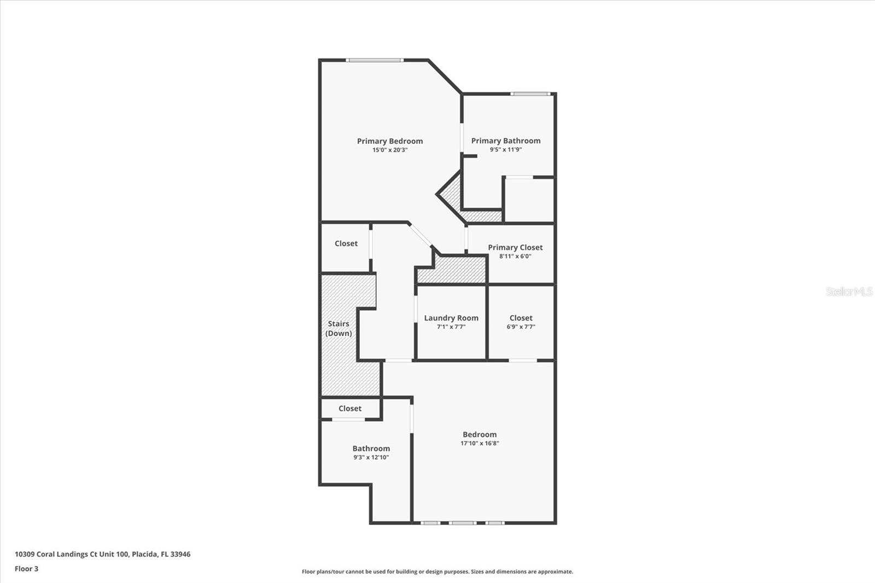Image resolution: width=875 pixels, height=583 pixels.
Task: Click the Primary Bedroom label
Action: pyautogui.click(x=390, y=141)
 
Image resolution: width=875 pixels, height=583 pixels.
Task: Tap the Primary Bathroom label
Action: pyautogui.click(x=506, y=141)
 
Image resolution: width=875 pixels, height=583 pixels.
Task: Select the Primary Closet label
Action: pyautogui.click(x=515, y=247)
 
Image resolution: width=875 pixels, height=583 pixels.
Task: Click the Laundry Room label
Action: pyautogui.click(x=451, y=318)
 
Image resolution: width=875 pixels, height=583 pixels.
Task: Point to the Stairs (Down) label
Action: pyautogui.click(x=339, y=328)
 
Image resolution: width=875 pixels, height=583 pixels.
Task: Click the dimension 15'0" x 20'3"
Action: pyautogui.click(x=390, y=150)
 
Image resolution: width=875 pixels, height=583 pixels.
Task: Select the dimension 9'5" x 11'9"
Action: pyautogui.click(x=506, y=149)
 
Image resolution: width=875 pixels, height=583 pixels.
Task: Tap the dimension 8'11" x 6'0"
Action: pyautogui.click(x=515, y=256)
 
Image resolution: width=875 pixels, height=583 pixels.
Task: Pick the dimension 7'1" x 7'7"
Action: pyautogui.click(x=451, y=327)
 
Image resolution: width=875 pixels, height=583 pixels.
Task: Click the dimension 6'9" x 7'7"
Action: pyautogui.click(x=521, y=327)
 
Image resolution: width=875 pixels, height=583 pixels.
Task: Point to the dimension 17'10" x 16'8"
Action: pyautogui.click(x=480, y=444)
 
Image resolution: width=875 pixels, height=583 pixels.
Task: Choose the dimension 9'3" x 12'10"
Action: pyautogui.click(x=371, y=457)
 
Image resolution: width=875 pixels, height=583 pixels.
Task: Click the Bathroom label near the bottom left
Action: pyautogui.click(x=371, y=448)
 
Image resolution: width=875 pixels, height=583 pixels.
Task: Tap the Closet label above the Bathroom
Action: pyautogui.click(x=350, y=409)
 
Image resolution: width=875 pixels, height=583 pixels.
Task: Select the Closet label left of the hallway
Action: pyautogui.click(x=346, y=243)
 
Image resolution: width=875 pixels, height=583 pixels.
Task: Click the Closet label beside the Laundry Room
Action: pyautogui.click(x=521, y=318)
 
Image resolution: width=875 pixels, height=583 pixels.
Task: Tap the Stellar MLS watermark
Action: pyautogui.click(x=849, y=291)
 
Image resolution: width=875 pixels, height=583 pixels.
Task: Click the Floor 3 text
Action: pyautogui.click(x=26, y=569)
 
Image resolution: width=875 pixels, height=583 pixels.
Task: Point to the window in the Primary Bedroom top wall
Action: pyautogui.click(x=375, y=60)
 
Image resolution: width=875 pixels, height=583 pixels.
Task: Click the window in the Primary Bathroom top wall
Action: pyautogui.click(x=530, y=94)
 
